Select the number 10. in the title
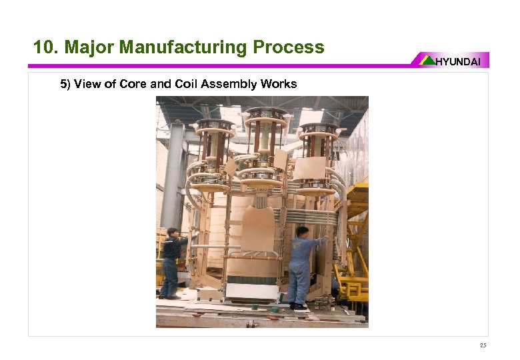(x=46, y=47)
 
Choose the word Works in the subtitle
(x=281, y=84)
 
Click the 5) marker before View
(x=65, y=84)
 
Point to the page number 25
(x=483, y=345)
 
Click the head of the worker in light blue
(x=302, y=232)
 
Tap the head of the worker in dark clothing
(x=172, y=233)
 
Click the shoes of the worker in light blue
(x=298, y=306)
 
